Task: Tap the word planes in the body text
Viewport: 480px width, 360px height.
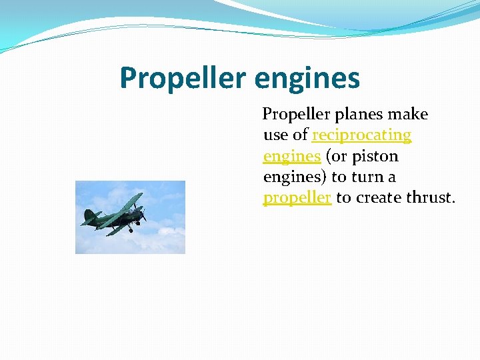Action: pos(361,114)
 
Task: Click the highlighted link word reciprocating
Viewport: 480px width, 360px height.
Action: pos(361,135)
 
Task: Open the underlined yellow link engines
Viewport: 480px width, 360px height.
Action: pos(292,157)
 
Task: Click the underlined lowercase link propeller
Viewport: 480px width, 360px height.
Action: pos(297,199)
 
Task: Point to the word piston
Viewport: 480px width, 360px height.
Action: pos(376,157)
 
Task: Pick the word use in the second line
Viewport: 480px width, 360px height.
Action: pos(275,135)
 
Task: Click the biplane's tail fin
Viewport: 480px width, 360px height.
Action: pos(89,215)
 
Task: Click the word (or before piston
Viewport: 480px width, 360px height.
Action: pos(337,157)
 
